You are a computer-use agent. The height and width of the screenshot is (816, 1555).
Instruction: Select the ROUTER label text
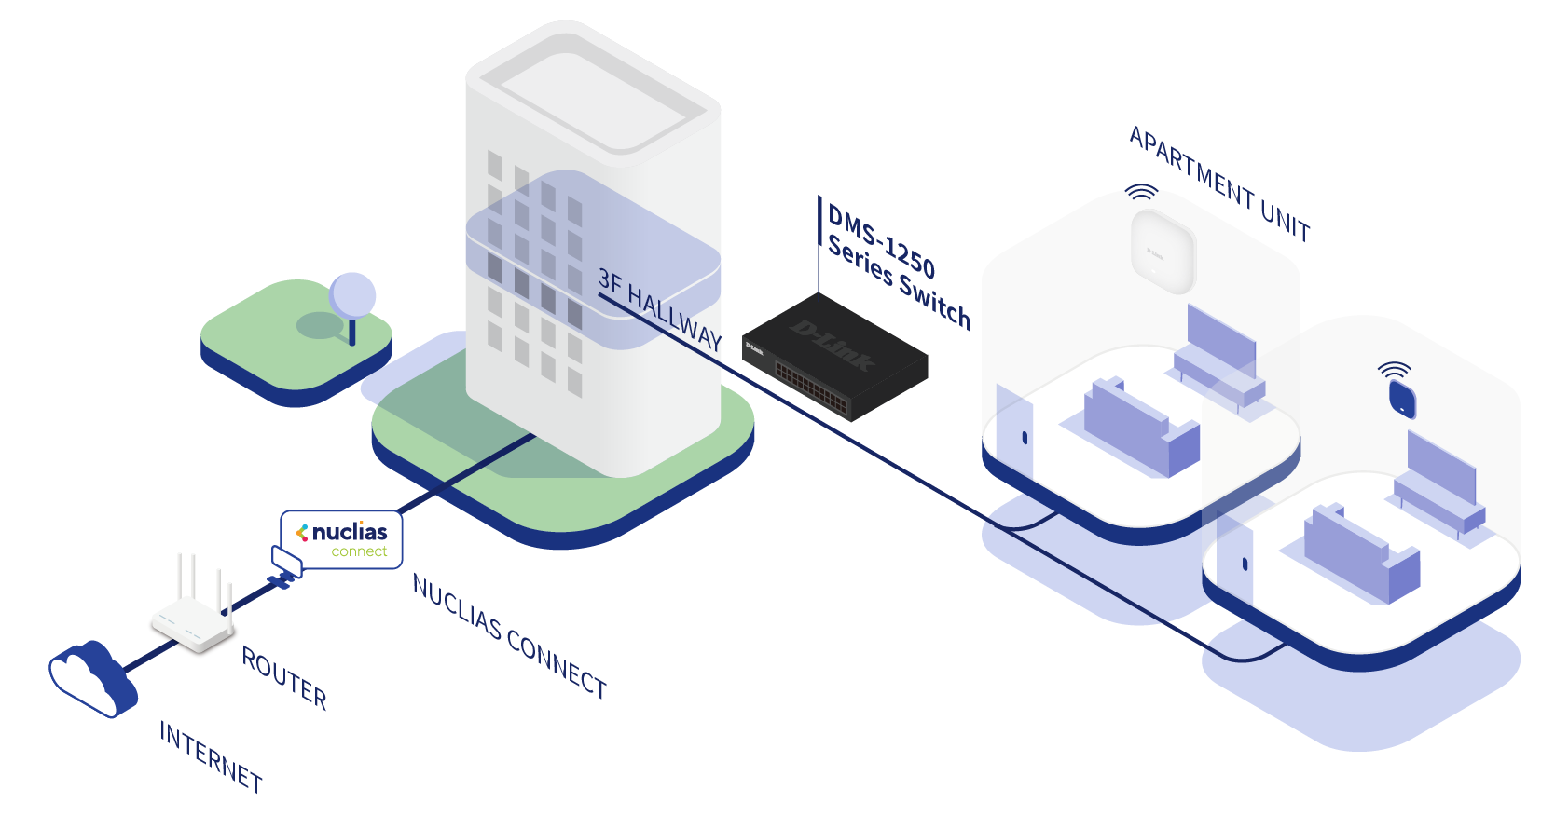pos(284,677)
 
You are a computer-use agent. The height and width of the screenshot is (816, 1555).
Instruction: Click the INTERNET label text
pos(211,756)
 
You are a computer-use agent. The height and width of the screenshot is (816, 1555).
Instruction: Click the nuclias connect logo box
pos(343,539)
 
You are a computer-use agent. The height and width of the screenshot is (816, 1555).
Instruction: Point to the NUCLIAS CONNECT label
pos(509,636)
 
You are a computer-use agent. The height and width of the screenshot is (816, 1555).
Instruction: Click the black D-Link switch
pos(834,356)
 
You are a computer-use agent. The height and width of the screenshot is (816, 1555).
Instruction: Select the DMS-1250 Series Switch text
pos(898,268)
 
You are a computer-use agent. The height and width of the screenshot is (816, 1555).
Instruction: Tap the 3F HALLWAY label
pos(660,309)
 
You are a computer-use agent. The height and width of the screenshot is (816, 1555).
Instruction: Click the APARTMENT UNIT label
pos(1219,184)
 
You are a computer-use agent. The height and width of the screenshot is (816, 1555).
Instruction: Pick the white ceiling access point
pos(1161,248)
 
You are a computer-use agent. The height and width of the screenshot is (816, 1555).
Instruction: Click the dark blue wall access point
pos(1402,400)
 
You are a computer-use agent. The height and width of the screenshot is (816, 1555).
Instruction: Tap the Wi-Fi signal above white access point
pos(1141,193)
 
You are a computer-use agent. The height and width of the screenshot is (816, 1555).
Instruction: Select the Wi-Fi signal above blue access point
pos(1395,370)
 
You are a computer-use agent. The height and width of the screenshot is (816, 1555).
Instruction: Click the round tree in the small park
pos(352,296)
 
